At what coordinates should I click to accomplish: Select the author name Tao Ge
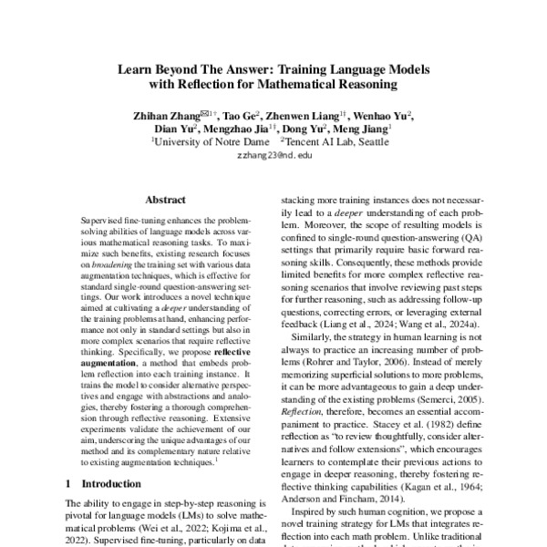tap(243, 115)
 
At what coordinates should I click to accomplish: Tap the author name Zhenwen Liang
tap(307, 115)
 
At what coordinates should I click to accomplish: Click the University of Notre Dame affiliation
tap(212, 142)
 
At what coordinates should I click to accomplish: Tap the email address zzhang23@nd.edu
tap(273, 156)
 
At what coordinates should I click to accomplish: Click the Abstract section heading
tap(167, 198)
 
